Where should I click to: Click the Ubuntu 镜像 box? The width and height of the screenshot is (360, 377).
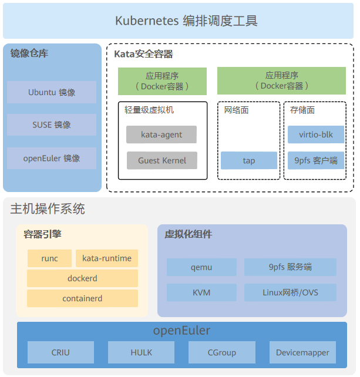pos(52,92)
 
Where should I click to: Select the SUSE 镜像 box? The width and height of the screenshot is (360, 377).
pos(52,125)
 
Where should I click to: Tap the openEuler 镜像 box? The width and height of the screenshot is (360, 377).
pos(52,159)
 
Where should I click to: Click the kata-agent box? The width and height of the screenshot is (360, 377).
pos(162,134)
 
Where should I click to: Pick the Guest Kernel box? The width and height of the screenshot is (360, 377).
pos(162,160)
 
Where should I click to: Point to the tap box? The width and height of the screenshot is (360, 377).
pos(249,160)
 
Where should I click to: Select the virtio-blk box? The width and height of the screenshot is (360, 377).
pos(316,134)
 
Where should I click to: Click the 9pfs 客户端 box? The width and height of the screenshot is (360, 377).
pos(316,160)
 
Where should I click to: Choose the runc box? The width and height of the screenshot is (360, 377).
pos(50,258)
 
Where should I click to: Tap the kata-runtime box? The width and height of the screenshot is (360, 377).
pos(107,258)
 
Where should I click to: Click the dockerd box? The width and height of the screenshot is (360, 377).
pos(83,278)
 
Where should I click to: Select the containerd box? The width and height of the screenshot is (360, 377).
pos(83,298)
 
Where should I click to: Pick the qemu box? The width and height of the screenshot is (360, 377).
pos(201,267)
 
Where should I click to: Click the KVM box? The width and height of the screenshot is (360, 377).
pos(201,292)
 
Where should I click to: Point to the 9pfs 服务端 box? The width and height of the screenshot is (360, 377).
pos(290,267)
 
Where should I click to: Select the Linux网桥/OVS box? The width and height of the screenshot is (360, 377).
pos(290,292)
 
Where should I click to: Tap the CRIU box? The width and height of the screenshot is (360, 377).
pos(60,352)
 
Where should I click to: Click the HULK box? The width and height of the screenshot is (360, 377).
pos(141,352)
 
